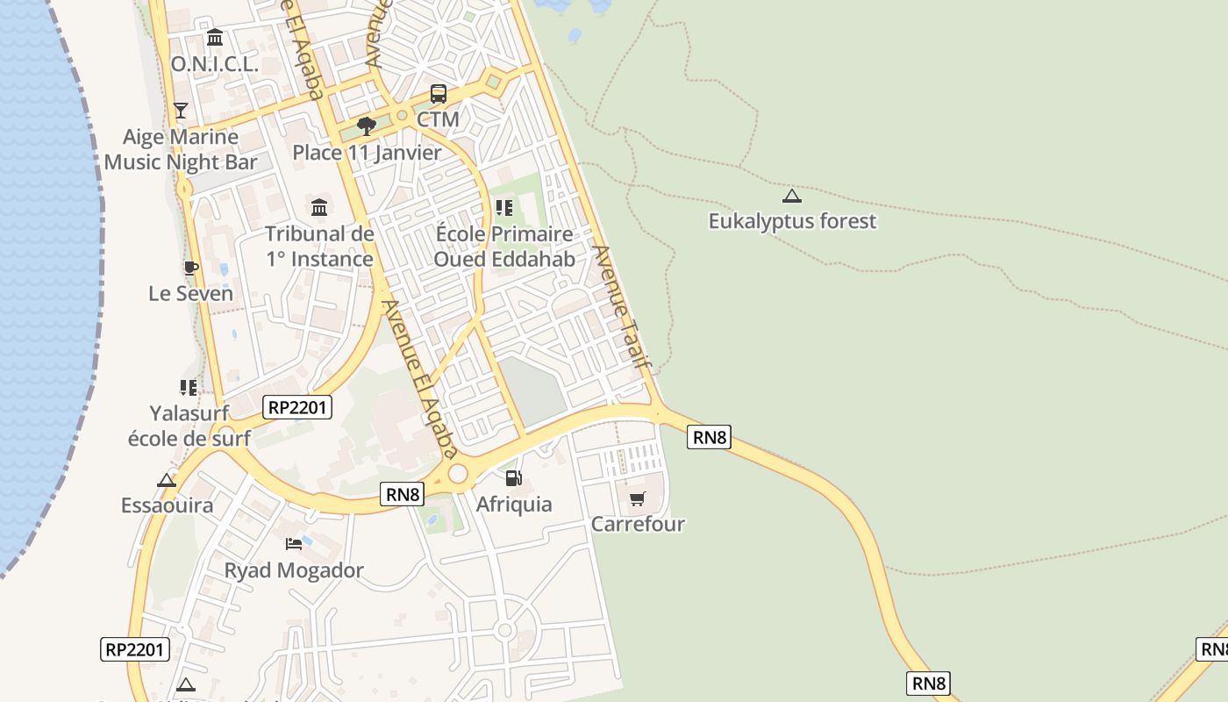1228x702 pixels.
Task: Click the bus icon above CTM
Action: click(438, 94)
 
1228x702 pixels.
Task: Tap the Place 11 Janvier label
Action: click(367, 152)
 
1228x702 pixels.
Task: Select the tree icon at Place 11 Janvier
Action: click(367, 126)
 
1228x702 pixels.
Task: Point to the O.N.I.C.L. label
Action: click(215, 64)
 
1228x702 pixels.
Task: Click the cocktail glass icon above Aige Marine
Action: click(181, 111)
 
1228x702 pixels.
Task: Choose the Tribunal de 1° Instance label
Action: click(319, 247)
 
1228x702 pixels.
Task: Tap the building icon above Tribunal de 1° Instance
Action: click(319, 208)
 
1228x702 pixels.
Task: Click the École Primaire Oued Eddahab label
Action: click(504, 247)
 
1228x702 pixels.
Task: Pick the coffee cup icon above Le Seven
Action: click(190, 268)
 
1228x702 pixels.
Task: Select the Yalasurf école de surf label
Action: click(189, 426)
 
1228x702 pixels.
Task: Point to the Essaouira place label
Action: click(167, 505)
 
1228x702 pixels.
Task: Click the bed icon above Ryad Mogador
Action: click(294, 544)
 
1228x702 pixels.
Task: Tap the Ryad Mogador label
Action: click(294, 570)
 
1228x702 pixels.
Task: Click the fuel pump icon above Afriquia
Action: click(514, 478)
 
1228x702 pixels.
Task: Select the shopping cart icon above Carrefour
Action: click(638, 499)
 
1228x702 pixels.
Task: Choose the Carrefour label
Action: click(638, 524)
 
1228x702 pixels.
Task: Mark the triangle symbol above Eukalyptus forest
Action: click(792, 197)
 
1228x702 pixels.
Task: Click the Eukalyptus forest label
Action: click(792, 221)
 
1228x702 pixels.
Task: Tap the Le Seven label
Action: click(190, 293)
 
